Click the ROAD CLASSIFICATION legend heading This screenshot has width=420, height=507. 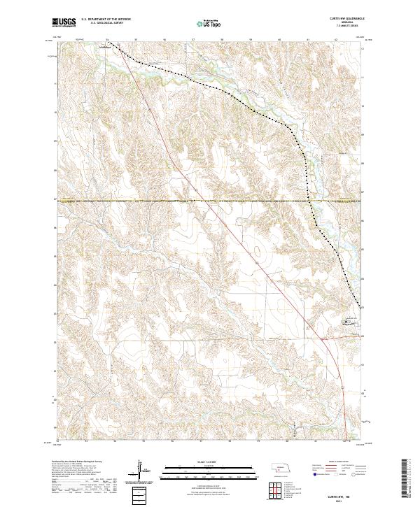(x=339, y=462)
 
